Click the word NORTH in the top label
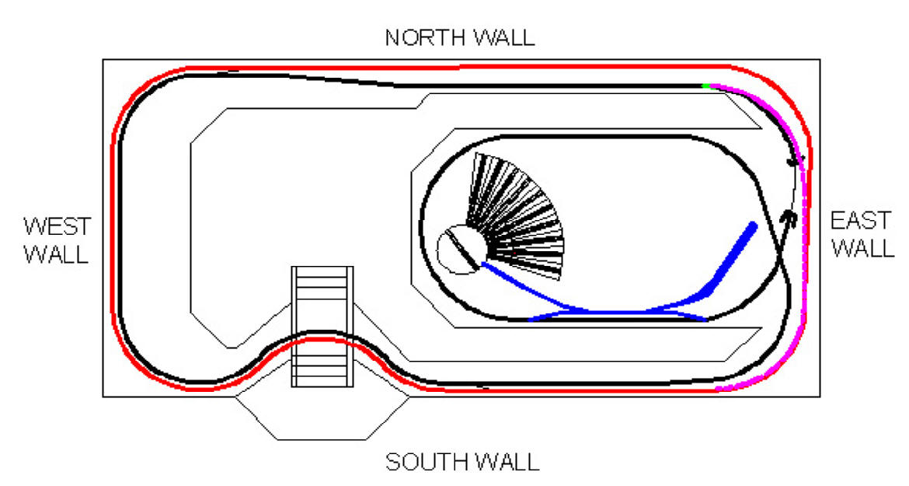tap(425, 38)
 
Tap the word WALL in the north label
tap(503, 38)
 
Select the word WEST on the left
tap(57, 226)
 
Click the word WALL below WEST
tap(56, 254)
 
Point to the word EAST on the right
tap(861, 221)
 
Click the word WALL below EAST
tap(863, 248)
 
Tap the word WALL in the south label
tap(507, 462)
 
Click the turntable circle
tap(461, 250)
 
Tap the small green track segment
tap(705, 86)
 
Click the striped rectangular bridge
tap(322, 327)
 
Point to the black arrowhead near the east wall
tap(789, 218)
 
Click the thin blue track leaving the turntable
tap(533, 288)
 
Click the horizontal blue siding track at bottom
tap(618, 313)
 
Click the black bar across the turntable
tap(462, 250)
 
